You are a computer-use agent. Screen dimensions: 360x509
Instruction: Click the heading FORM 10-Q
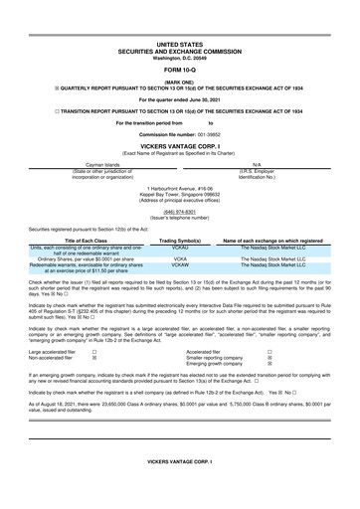tap(179, 72)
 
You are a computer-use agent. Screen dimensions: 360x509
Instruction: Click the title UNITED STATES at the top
tap(179, 45)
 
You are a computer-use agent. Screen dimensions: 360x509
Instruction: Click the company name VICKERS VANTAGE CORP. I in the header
tap(179, 146)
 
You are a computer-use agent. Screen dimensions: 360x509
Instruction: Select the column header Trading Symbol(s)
tap(181, 241)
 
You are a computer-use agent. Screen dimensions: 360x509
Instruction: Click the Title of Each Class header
tap(83, 241)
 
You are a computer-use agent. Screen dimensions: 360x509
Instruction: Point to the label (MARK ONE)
tap(179, 82)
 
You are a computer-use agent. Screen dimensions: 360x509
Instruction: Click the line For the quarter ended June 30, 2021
tap(179, 100)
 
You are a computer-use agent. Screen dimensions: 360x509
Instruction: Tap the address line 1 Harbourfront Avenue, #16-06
tap(179, 187)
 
